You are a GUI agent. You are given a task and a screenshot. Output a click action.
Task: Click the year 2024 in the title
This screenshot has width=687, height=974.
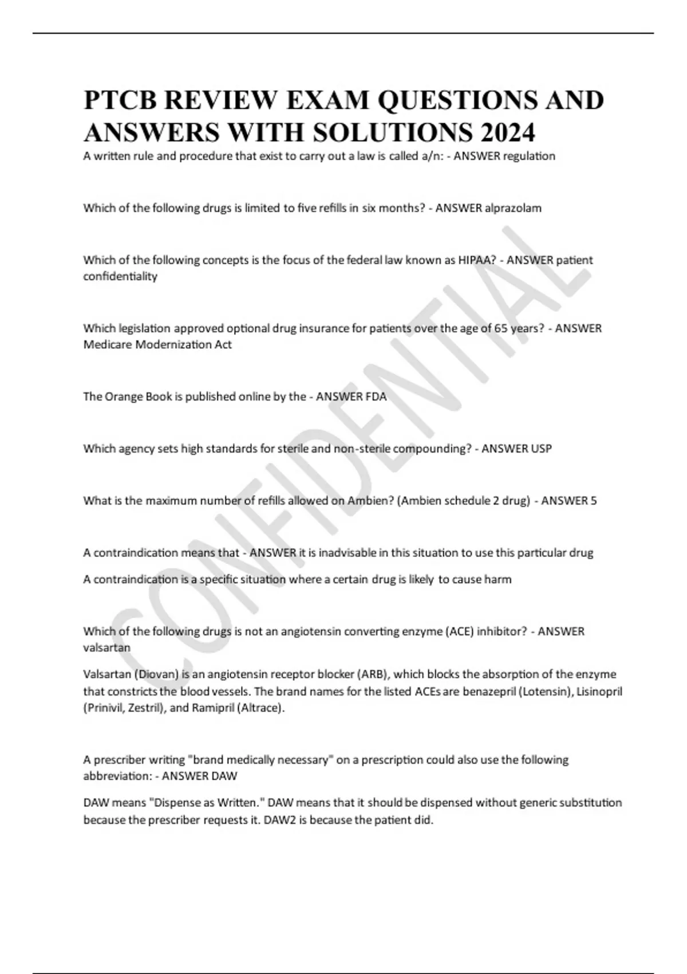[x=508, y=132]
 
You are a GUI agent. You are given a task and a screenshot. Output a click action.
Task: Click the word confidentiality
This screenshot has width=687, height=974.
[x=120, y=276]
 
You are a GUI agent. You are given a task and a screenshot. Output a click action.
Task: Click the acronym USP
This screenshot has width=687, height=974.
[x=541, y=449]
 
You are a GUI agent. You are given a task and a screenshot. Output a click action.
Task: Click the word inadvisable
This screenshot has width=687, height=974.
[x=345, y=553]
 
